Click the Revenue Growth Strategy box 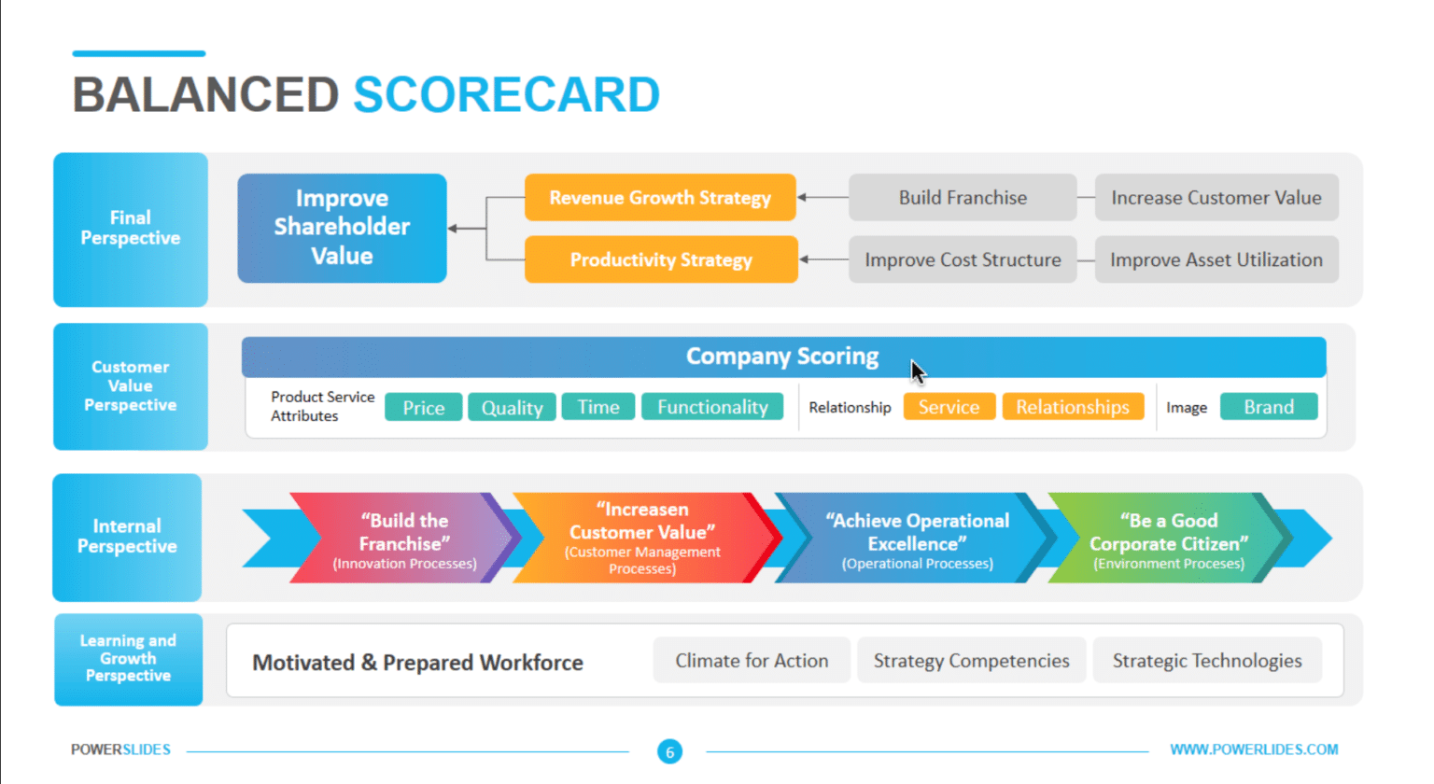tap(660, 198)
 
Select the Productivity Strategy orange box tap(661, 259)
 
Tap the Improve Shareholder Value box tap(342, 228)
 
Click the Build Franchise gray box tap(963, 198)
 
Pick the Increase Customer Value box tap(1216, 198)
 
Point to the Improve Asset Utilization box tap(1216, 259)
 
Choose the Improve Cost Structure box tap(963, 259)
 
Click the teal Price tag tap(423, 408)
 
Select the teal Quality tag tap(512, 408)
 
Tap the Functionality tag tap(712, 407)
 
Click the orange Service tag tap(949, 407)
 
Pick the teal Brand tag tap(1269, 407)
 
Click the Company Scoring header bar tap(782, 357)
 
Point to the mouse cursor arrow tap(918, 371)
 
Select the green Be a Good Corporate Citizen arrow tap(1168, 539)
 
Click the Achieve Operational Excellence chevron tap(917, 539)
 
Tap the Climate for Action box tap(752, 661)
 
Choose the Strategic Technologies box tap(1206, 661)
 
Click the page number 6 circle tap(669, 751)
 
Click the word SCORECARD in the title tap(506, 95)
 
